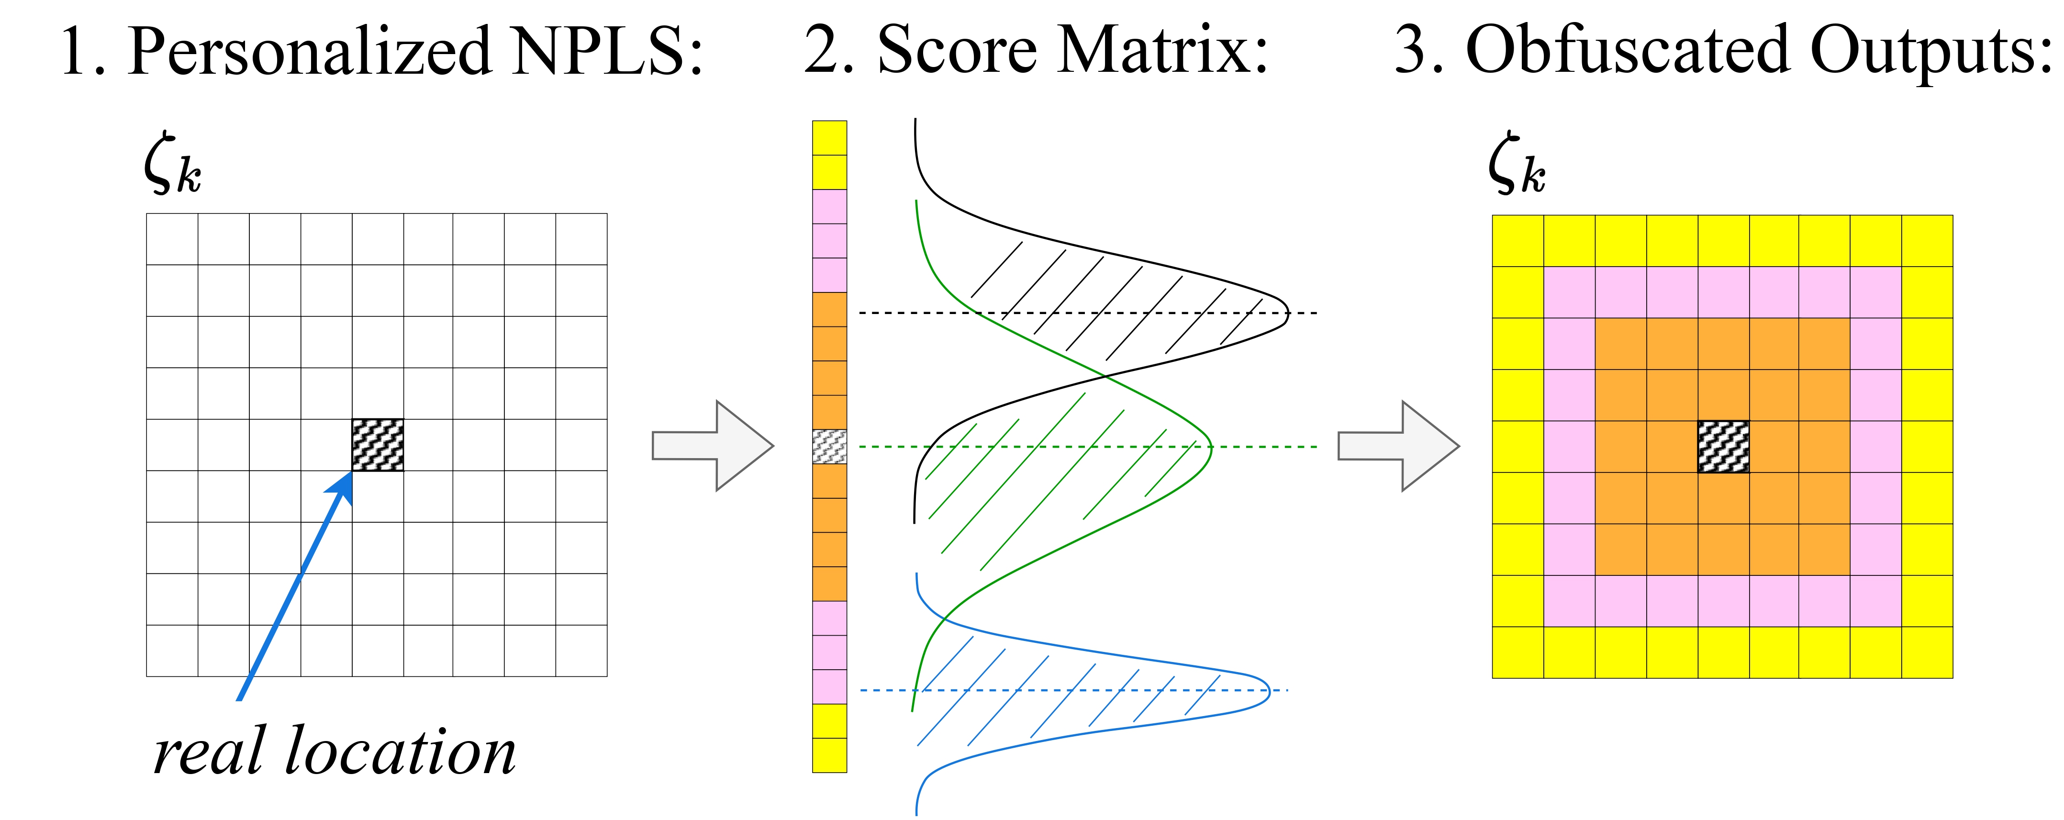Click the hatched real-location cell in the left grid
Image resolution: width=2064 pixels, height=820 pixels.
tap(378, 445)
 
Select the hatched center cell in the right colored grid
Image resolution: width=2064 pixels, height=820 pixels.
tap(1723, 447)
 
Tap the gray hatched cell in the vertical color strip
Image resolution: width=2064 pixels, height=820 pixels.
tap(829, 447)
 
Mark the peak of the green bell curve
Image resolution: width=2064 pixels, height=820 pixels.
tap(1211, 447)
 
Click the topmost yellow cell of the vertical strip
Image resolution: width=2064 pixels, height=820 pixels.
tap(829, 138)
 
